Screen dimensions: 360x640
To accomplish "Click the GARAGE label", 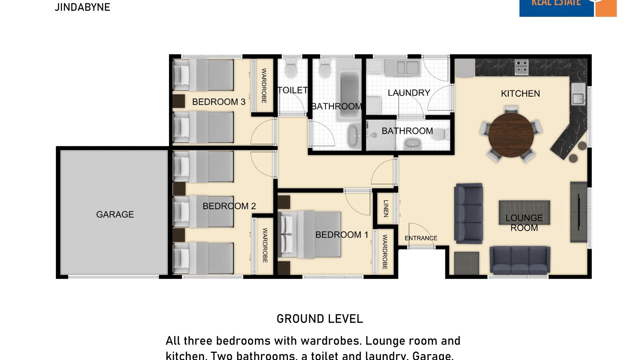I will point(115,214).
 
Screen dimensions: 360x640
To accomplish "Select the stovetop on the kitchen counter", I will point(521,67).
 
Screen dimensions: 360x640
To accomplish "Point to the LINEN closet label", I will point(386,209).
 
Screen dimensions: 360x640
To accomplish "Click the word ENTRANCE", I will point(421,238).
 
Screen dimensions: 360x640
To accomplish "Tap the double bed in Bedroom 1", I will point(310,234).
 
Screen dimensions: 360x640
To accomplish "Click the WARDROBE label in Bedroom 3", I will point(264,86).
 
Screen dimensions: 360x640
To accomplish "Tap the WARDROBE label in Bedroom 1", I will point(385,252).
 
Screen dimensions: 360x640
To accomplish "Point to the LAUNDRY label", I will point(409,93).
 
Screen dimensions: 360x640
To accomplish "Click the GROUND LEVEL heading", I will point(320,319).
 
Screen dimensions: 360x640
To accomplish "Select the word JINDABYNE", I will point(82,7).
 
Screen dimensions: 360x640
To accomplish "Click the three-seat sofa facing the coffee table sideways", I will point(469,214).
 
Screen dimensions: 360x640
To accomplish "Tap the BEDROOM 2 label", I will point(229,206).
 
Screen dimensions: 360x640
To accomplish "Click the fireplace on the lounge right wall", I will point(579,212).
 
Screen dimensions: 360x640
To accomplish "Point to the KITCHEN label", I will point(520,94).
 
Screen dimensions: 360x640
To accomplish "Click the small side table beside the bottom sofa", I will point(467,263).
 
